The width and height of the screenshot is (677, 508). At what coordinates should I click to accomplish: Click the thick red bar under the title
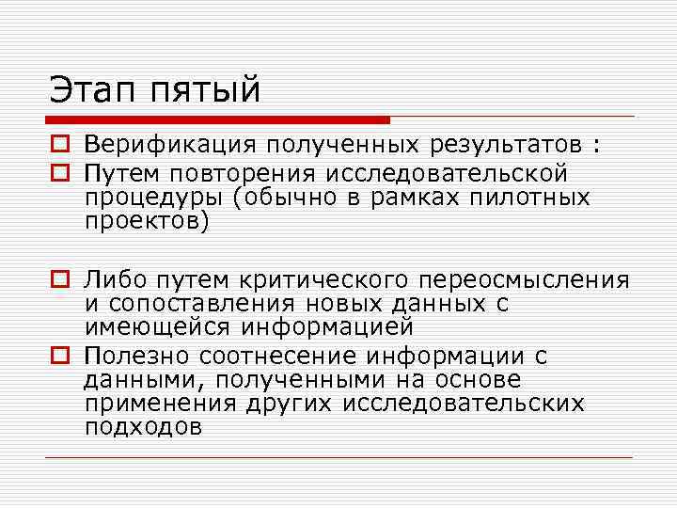(217, 120)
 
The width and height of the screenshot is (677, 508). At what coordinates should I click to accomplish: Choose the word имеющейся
(160, 327)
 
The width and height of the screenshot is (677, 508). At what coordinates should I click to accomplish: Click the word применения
(160, 405)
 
